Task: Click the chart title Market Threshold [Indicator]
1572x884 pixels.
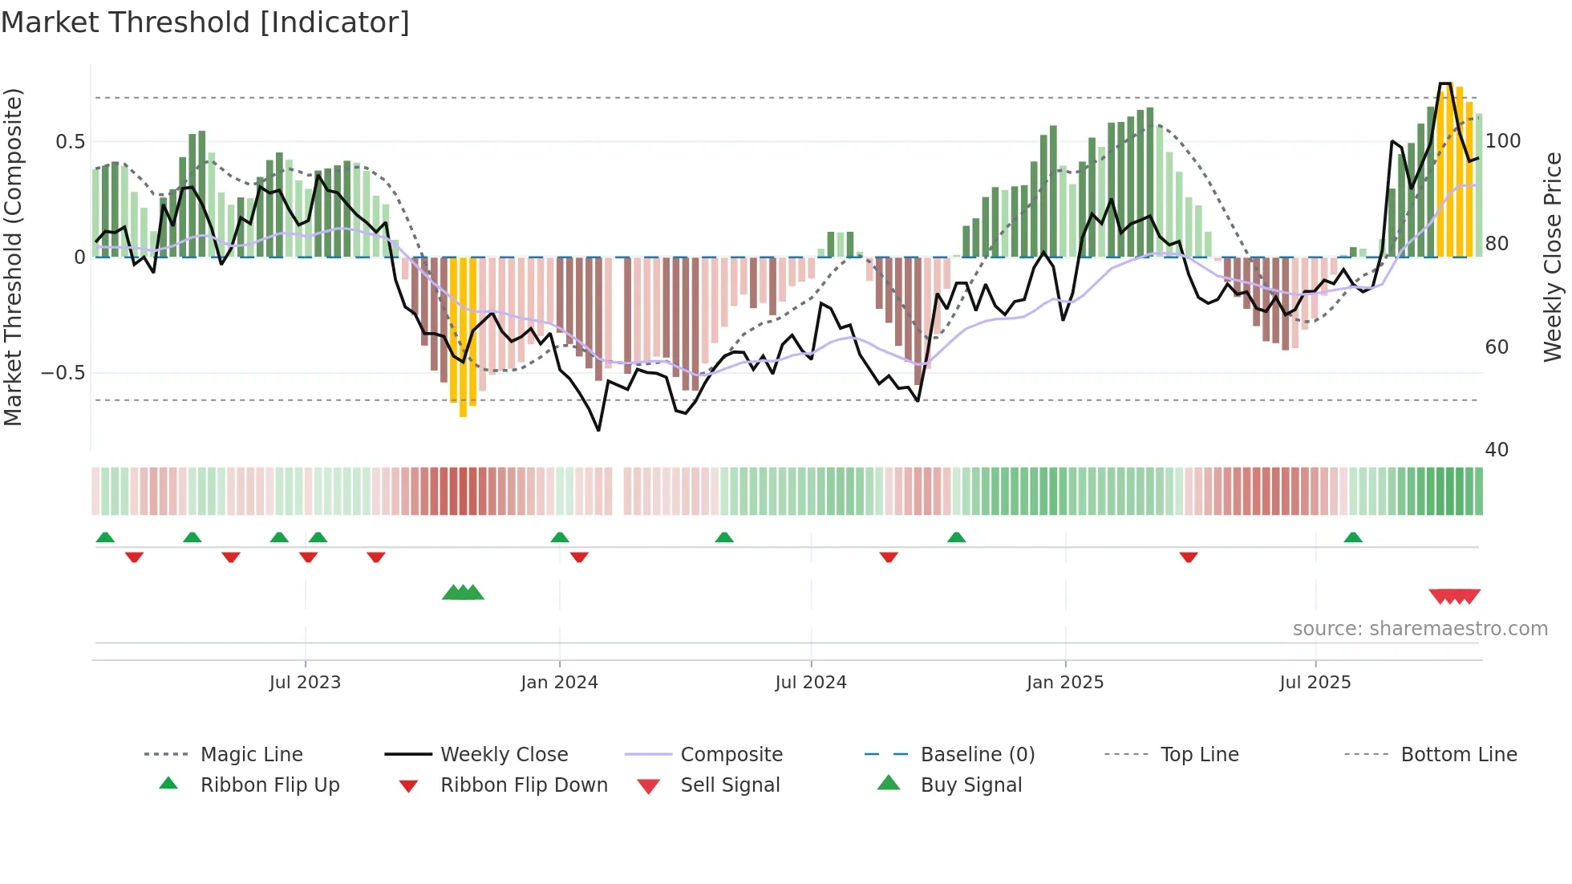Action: pyautogui.click(x=205, y=22)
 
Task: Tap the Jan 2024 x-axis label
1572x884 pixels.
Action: pyautogui.click(x=559, y=683)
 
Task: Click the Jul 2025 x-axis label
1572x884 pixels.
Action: pyautogui.click(x=1315, y=683)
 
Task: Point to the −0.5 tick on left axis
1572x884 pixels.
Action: pyautogui.click(x=63, y=373)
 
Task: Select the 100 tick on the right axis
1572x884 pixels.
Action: pyautogui.click(x=1502, y=141)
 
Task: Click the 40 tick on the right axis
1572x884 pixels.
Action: pyautogui.click(x=1497, y=450)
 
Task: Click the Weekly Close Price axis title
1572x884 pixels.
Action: pyautogui.click(x=1553, y=257)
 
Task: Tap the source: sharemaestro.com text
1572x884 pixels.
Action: pyautogui.click(x=1420, y=629)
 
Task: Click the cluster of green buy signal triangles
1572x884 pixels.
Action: pyautogui.click(x=463, y=593)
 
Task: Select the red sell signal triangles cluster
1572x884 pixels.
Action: pyautogui.click(x=1454, y=596)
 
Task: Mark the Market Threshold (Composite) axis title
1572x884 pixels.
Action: pyautogui.click(x=13, y=257)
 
